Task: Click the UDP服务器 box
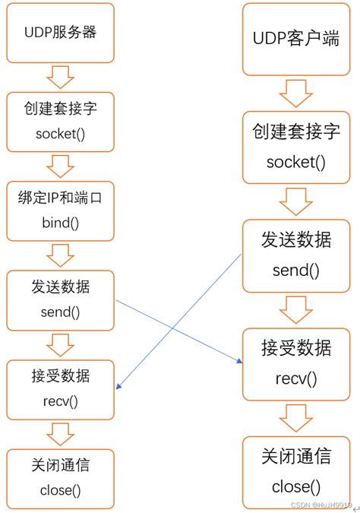point(60,33)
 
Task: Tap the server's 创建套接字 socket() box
point(60,122)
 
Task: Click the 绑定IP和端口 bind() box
point(60,211)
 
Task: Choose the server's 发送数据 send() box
point(60,299)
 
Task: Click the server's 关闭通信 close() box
point(60,477)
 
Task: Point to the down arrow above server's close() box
point(60,432)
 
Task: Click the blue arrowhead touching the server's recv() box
point(118,387)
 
